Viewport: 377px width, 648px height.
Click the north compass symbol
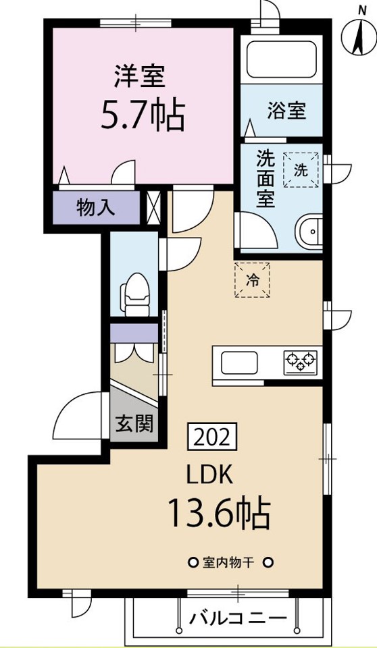(x=358, y=34)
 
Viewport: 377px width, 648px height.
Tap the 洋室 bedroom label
(x=140, y=76)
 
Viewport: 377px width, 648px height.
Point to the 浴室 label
(x=286, y=111)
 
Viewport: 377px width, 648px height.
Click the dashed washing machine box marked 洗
(x=301, y=170)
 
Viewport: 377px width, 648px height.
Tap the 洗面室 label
(x=266, y=178)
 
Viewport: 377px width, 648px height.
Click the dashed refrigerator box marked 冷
(x=252, y=280)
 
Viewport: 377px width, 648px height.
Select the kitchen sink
(x=239, y=362)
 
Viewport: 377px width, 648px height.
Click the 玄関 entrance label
(x=134, y=423)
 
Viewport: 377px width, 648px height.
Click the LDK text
(x=211, y=476)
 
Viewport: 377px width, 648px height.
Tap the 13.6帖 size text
(x=219, y=512)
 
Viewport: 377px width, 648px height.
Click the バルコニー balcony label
(x=238, y=619)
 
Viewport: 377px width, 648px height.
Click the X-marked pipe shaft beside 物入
(x=153, y=208)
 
